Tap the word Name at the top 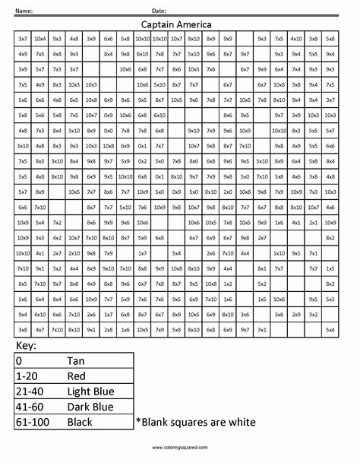[24, 11]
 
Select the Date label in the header [159, 11]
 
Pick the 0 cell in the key [19, 361]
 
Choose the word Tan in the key [76, 361]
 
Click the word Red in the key [77, 376]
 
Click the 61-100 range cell [33, 422]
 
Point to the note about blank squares [195, 422]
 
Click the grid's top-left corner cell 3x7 [23, 38]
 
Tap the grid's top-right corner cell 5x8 [330, 38]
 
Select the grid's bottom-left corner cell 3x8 [23, 329]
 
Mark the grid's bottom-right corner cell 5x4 [330, 329]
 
